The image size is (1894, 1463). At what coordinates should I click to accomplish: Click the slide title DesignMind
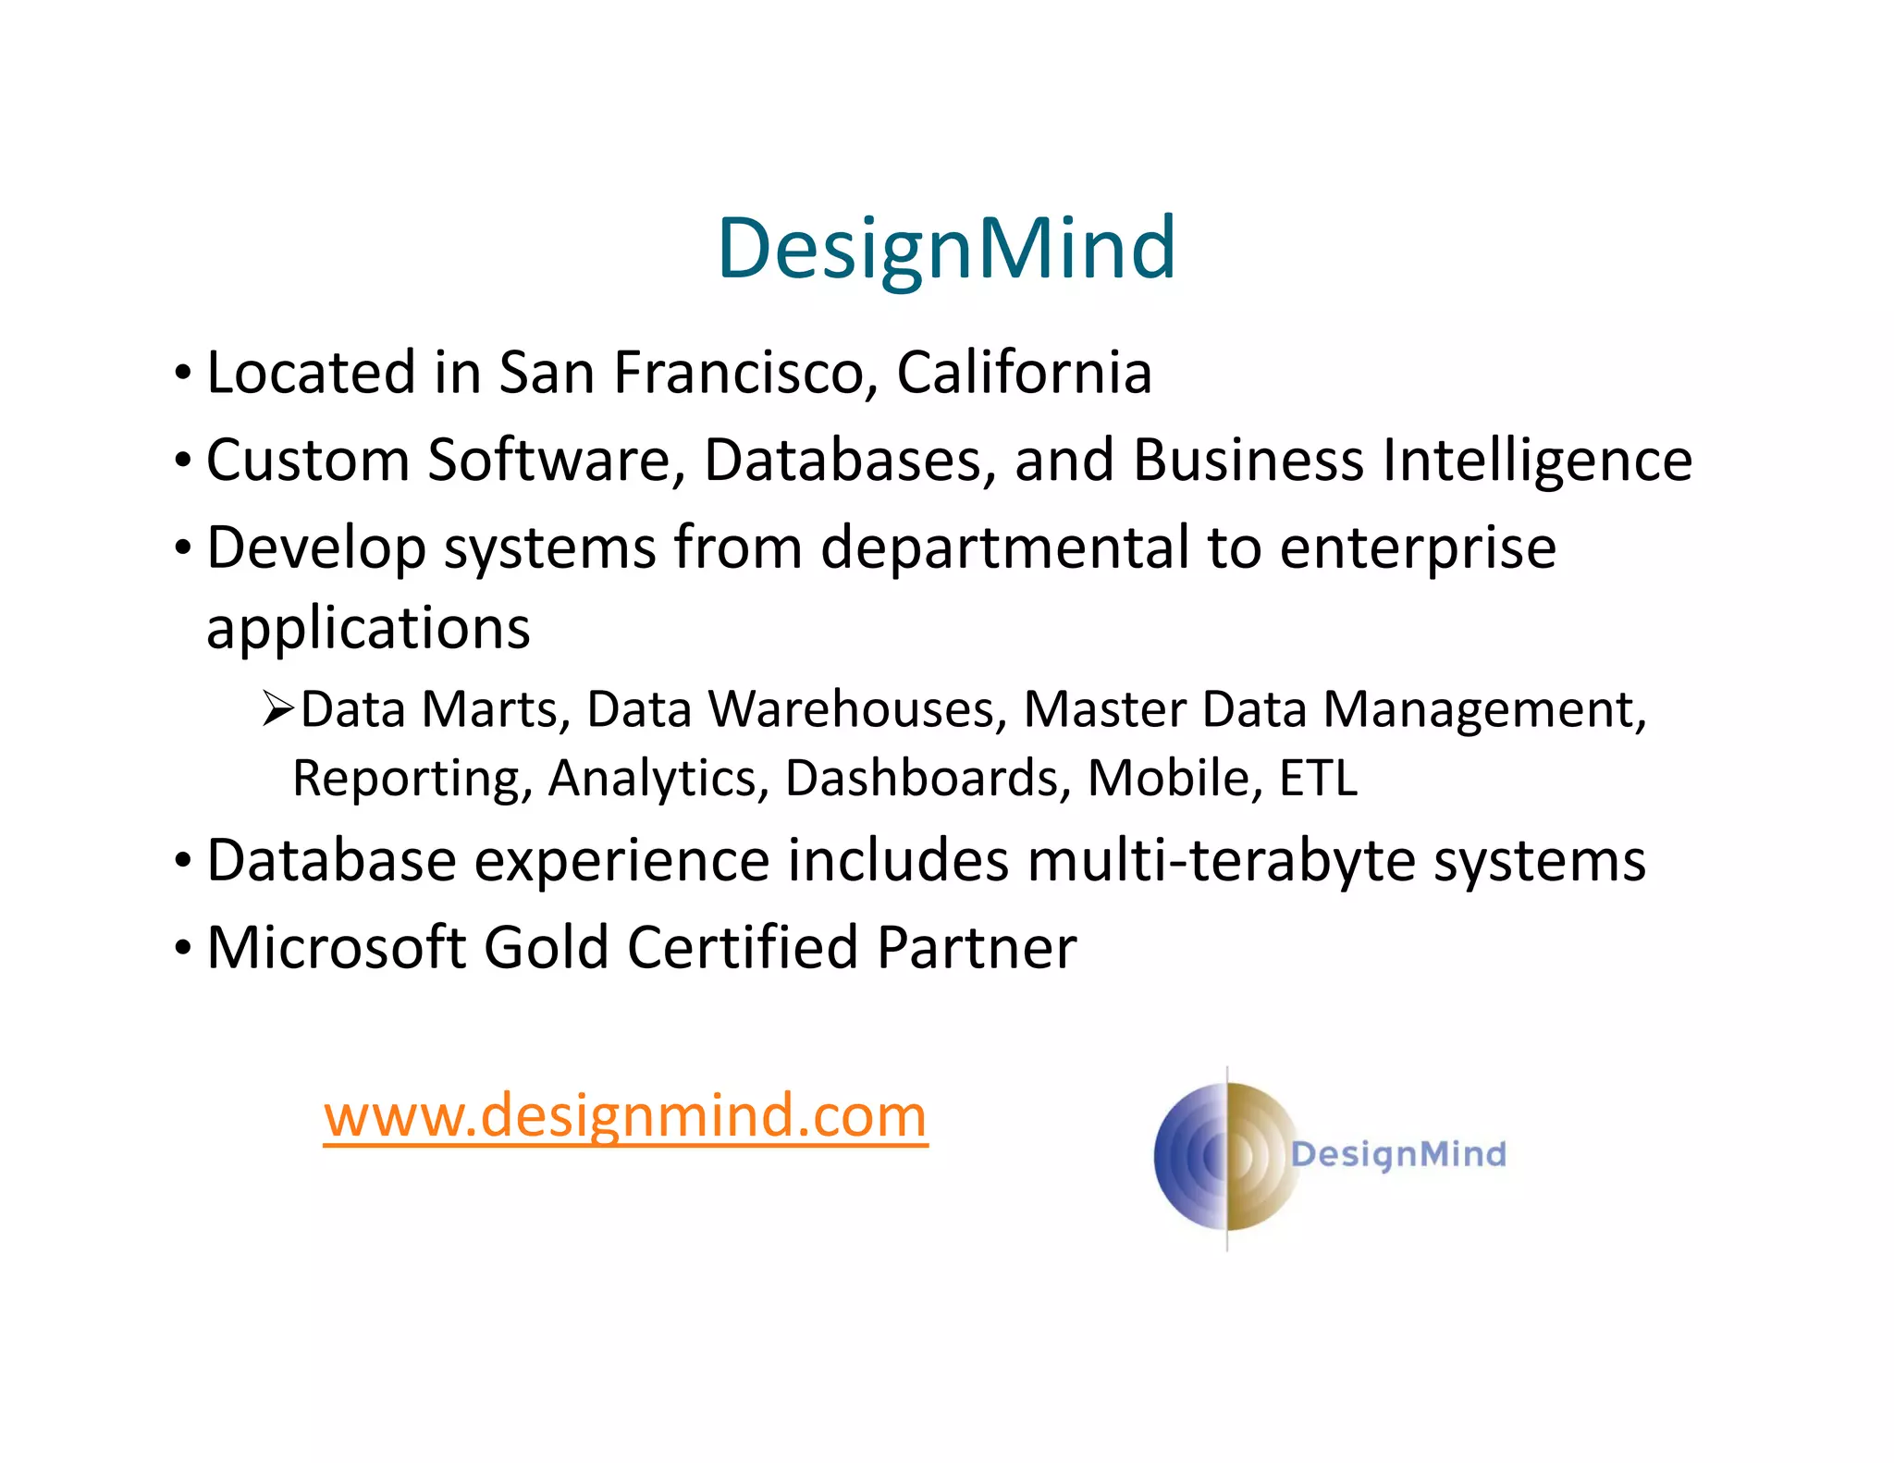click(x=946, y=248)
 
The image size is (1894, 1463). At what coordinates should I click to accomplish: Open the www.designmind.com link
click(x=625, y=1115)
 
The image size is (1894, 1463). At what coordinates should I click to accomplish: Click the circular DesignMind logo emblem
click(x=1226, y=1156)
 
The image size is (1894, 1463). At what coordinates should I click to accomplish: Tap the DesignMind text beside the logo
click(x=1398, y=1154)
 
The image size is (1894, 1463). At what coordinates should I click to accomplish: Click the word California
click(x=1024, y=373)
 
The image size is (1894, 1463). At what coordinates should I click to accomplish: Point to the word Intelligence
click(x=1537, y=461)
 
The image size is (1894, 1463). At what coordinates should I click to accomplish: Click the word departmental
click(x=1005, y=547)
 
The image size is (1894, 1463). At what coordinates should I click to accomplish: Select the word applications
click(x=368, y=630)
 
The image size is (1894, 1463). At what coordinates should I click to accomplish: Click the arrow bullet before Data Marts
click(x=277, y=709)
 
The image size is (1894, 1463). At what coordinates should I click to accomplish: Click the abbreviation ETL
click(x=1318, y=779)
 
